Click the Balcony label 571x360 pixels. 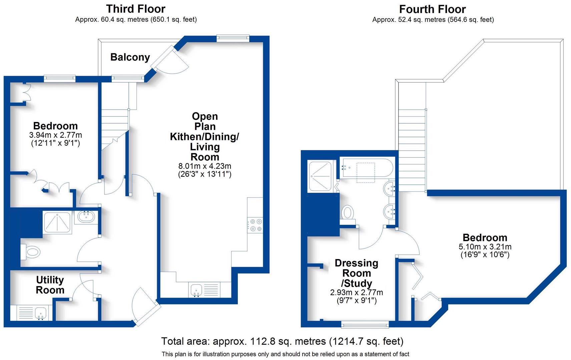tap(130, 57)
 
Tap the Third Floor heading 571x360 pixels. tap(136, 9)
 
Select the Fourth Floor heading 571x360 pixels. tap(432, 9)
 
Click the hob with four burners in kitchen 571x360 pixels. tap(255, 225)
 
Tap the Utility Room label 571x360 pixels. tap(50, 285)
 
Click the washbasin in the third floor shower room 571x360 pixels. tap(86, 217)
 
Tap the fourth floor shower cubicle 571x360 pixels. tap(320, 177)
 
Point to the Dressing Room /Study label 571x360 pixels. tap(357, 273)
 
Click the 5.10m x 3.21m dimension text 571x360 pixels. tap(485, 247)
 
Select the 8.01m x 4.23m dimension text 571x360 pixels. tap(205, 166)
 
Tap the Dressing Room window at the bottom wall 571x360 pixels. tap(365, 324)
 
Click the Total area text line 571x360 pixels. tap(282, 341)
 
